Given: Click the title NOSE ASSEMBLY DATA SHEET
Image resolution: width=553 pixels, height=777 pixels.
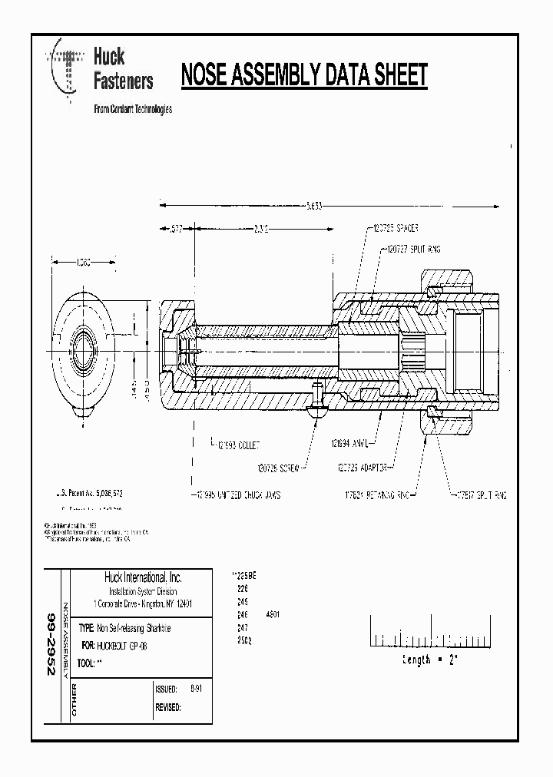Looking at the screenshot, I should (303, 77).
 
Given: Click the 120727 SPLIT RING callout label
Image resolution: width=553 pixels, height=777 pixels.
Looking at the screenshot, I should (415, 250).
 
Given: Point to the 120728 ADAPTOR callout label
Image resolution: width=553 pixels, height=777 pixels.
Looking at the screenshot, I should (365, 467).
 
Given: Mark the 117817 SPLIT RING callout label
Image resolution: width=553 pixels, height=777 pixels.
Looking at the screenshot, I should (482, 495).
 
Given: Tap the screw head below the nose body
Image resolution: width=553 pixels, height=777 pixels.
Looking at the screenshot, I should (319, 412).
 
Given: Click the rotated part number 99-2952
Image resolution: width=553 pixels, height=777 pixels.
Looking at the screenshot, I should (51, 643).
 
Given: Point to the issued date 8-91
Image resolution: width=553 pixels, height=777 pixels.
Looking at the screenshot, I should (174, 688).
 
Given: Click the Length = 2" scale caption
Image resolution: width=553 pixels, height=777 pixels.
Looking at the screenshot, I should (430, 660).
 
